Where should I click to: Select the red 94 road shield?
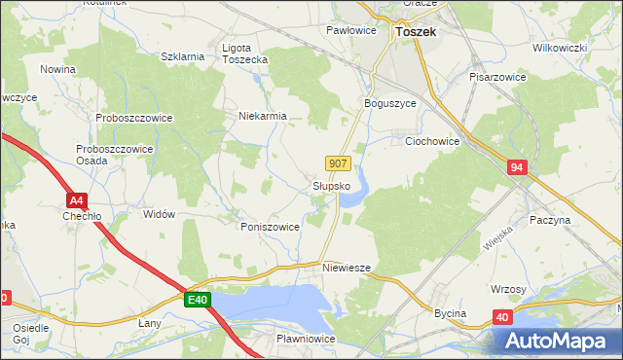517,169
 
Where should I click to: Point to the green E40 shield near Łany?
197,300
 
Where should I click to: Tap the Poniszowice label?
270,226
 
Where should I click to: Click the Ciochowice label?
432,141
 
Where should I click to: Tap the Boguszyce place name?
389,104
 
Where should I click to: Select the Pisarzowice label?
497,76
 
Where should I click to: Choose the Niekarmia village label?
263,116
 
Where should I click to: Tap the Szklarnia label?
182,56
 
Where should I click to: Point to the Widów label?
158,214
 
